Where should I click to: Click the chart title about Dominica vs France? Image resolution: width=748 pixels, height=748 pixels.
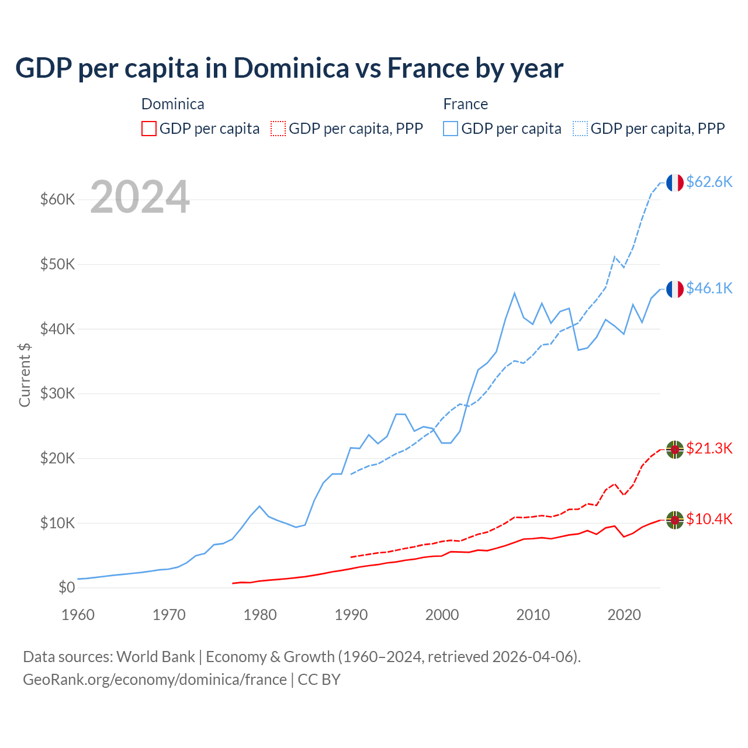click(289, 68)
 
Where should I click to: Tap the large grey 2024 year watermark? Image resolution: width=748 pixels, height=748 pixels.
click(140, 198)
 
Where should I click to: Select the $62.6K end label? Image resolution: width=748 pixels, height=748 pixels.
click(709, 182)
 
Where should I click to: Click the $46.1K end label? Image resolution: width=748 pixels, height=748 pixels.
click(709, 288)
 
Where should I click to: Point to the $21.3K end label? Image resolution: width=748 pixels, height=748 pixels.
click(709, 448)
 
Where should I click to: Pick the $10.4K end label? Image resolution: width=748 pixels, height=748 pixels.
click(709, 519)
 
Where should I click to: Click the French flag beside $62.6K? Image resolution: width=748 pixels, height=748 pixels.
click(675, 182)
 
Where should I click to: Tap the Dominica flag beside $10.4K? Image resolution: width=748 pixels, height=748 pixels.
click(675, 520)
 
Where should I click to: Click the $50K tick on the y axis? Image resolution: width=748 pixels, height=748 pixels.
click(58, 264)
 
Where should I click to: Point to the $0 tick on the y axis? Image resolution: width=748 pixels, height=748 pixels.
click(67, 587)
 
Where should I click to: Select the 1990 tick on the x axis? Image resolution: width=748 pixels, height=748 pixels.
click(351, 615)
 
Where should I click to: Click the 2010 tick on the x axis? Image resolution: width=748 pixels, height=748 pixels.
click(534, 615)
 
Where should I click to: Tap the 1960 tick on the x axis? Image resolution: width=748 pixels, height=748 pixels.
click(78, 615)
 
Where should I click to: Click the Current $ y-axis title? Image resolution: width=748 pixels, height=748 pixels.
click(25, 375)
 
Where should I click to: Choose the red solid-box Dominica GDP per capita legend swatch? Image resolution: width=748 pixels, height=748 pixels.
click(149, 129)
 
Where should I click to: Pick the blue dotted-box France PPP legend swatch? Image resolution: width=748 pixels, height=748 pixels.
click(580, 129)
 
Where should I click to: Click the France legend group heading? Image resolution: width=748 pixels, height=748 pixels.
click(465, 104)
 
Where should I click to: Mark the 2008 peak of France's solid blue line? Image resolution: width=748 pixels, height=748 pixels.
click(514, 293)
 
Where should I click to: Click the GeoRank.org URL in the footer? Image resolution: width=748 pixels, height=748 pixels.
click(155, 680)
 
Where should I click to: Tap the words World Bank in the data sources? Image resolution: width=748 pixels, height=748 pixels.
click(155, 657)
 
